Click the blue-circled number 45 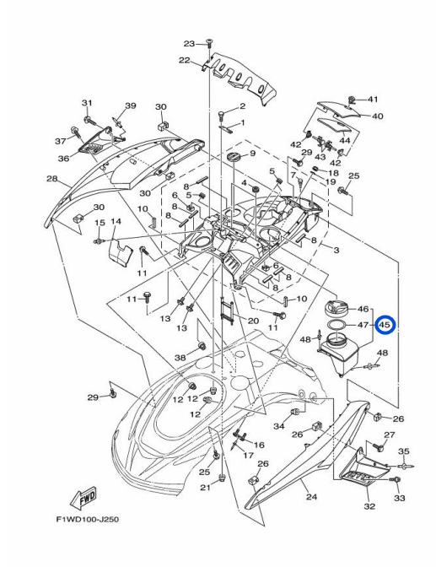pyautogui.click(x=385, y=324)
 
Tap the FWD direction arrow pyautogui.click(x=86, y=499)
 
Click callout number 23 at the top pyautogui.click(x=189, y=43)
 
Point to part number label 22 pyautogui.click(x=184, y=60)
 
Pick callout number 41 pyautogui.click(x=373, y=100)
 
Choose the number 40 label pyautogui.click(x=377, y=116)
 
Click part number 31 pyautogui.click(x=86, y=103)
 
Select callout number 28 pyautogui.click(x=51, y=179)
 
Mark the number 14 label pyautogui.click(x=116, y=221)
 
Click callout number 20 pyautogui.click(x=252, y=321)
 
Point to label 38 pyautogui.click(x=180, y=357)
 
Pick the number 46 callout pyautogui.click(x=364, y=310)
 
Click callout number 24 pyautogui.click(x=311, y=497)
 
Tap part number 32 pyautogui.click(x=369, y=506)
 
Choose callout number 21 pyautogui.click(x=204, y=489)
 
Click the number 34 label pyautogui.click(x=279, y=425)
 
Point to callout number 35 pyautogui.click(x=404, y=451)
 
